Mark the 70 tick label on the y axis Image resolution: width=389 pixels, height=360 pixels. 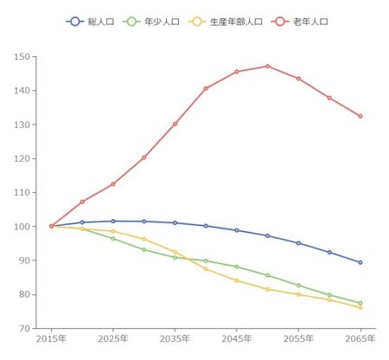pos(23,329)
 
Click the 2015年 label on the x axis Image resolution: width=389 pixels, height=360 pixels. pos(51,340)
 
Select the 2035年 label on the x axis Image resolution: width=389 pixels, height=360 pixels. pos(175,340)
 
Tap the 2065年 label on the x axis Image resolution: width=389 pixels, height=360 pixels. pos(360,340)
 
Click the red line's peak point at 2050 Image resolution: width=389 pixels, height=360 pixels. pos(268,66)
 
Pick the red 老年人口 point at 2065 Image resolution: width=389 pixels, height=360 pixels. pos(360,116)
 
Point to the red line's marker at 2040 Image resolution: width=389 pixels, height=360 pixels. pos(206,88)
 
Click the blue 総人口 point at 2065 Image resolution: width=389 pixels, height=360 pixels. pos(360,262)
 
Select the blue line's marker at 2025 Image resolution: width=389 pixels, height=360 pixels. pos(113,221)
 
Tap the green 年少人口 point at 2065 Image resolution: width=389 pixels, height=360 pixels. pos(360,303)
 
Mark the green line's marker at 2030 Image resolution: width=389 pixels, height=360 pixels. pos(144,249)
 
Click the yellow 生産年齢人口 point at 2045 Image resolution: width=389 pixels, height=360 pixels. pos(237,280)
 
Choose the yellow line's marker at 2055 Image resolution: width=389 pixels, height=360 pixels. pos(298,294)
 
